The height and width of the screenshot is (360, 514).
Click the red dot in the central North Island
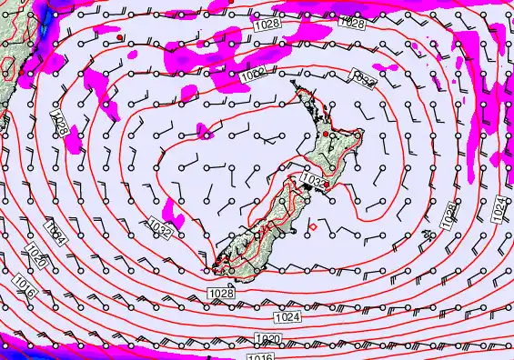tap(326, 134)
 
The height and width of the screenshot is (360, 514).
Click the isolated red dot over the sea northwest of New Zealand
tap(120, 38)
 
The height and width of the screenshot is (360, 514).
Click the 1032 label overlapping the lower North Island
tap(311, 181)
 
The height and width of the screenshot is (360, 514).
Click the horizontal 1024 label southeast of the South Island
tap(286, 317)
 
